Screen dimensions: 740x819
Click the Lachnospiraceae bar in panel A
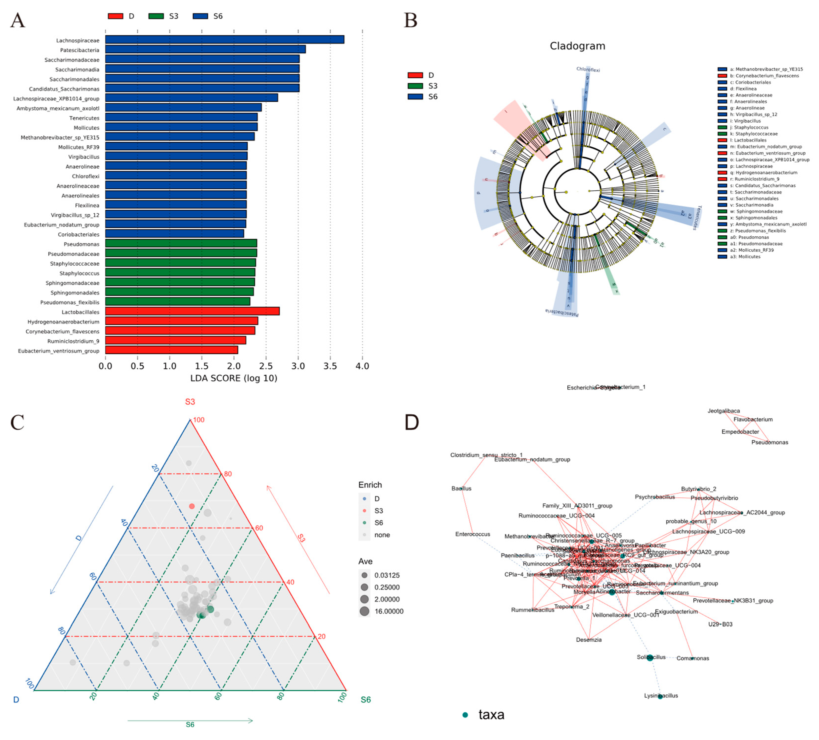tap(225, 39)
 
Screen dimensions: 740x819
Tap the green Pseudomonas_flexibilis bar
tap(177, 302)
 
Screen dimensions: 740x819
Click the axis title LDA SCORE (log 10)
tap(234, 378)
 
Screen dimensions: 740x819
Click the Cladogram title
tap(577, 46)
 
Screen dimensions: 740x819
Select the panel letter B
tap(411, 20)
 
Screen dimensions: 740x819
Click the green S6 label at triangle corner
tap(366, 700)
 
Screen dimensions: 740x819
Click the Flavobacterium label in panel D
tap(753, 419)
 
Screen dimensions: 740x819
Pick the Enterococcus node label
tap(473, 534)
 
